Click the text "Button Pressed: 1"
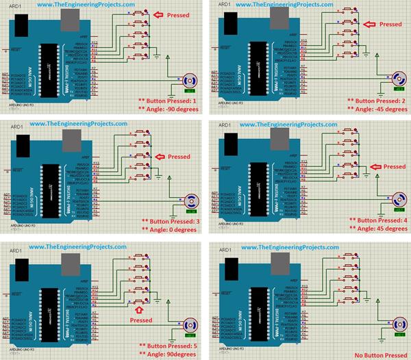[x=171, y=101]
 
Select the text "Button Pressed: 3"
[x=171, y=221]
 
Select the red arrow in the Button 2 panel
[x=368, y=24]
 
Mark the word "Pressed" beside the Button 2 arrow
[x=390, y=24]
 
